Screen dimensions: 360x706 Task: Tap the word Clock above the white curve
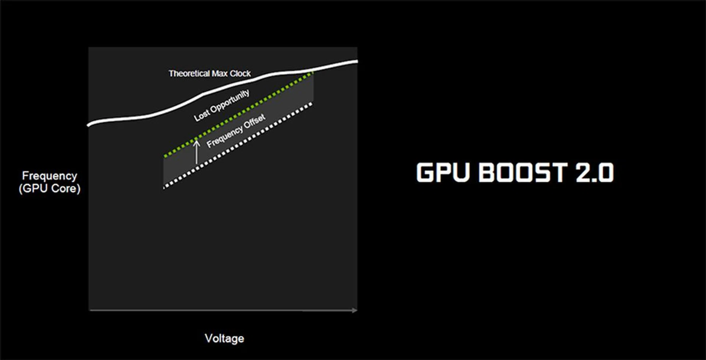coord(240,74)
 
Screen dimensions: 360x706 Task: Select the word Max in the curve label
coord(220,74)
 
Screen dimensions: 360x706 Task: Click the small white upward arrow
coord(197,152)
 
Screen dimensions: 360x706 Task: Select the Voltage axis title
coord(224,338)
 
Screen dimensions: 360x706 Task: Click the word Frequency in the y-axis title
coord(50,176)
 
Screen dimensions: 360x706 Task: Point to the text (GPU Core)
coord(50,189)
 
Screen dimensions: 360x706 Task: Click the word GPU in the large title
coord(443,172)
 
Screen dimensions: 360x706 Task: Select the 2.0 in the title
coord(595,172)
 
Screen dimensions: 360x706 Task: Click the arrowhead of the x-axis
coord(354,310)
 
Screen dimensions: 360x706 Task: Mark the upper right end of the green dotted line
coord(312,73)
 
